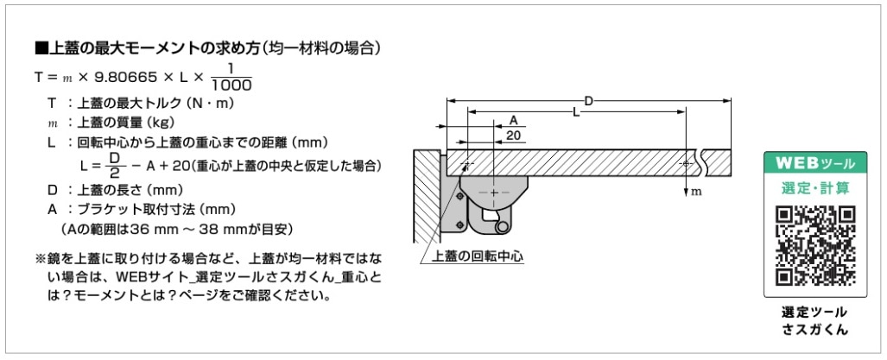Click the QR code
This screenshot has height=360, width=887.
point(815,245)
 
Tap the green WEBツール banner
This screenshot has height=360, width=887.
point(815,163)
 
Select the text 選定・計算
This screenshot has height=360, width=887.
point(815,187)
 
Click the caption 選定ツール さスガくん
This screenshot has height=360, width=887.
point(815,321)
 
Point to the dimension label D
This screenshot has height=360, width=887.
point(588,101)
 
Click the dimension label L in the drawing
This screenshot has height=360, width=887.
point(576,112)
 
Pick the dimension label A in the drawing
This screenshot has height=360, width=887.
point(514,120)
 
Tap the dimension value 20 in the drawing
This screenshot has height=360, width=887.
point(514,135)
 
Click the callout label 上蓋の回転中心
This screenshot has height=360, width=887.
point(477,256)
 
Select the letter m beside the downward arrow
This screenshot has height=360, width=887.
point(697,193)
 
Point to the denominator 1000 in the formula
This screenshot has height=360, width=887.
point(231,85)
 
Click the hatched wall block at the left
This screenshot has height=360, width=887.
point(428,196)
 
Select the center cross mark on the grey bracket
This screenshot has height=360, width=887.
point(494,193)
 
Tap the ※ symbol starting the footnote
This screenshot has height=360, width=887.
point(41,259)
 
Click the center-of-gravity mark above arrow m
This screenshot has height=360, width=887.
point(686,163)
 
